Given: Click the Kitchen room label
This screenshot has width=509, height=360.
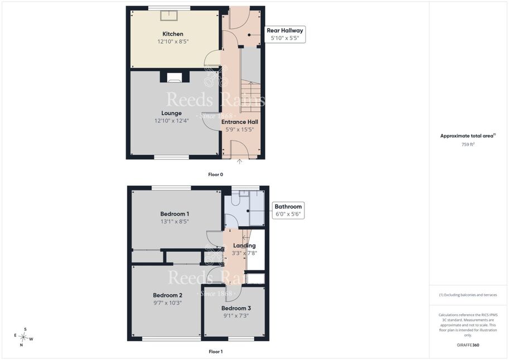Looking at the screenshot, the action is click(173, 34).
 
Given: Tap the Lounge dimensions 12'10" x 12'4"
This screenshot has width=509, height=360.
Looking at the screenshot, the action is click(171, 121).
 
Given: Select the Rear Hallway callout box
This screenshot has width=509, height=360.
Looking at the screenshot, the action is click(285, 34).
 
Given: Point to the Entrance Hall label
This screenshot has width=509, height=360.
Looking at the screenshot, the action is click(240, 121).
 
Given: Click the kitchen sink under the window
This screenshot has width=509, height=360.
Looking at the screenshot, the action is click(169, 15).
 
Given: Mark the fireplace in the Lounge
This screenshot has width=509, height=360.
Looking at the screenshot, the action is click(174, 77).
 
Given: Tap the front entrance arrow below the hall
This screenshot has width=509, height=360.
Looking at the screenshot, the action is click(239, 162).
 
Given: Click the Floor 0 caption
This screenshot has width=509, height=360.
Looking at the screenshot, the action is click(216, 174).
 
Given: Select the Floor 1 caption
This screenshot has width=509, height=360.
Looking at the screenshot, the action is click(216, 352).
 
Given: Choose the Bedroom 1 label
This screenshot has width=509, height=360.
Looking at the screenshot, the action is click(174, 214).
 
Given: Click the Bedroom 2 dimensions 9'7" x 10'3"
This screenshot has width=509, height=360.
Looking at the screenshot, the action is click(167, 303).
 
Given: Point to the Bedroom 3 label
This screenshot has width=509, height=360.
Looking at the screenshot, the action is click(236, 308).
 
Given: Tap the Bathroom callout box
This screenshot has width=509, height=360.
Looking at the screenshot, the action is click(288, 210).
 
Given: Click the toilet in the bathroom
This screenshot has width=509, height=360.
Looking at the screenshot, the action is click(236, 200).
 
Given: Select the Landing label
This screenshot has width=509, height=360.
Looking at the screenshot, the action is click(244, 246).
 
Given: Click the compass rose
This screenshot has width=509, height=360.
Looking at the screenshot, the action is click(23, 337).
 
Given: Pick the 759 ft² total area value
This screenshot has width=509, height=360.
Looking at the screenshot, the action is click(468, 144).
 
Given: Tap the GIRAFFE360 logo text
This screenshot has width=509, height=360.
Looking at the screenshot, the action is click(468, 345).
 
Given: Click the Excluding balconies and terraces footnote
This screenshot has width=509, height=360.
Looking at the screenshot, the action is click(468, 295).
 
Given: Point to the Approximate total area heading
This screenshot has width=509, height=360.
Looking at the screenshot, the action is click(468, 136).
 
